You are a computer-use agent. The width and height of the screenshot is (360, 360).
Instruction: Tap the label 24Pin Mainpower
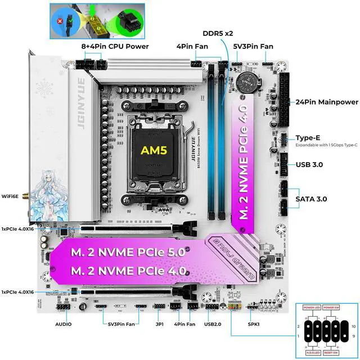[x=327, y=102]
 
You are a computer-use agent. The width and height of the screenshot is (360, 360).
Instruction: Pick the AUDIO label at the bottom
[x=64, y=325]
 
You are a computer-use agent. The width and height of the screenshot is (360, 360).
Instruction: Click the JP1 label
[x=159, y=325]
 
